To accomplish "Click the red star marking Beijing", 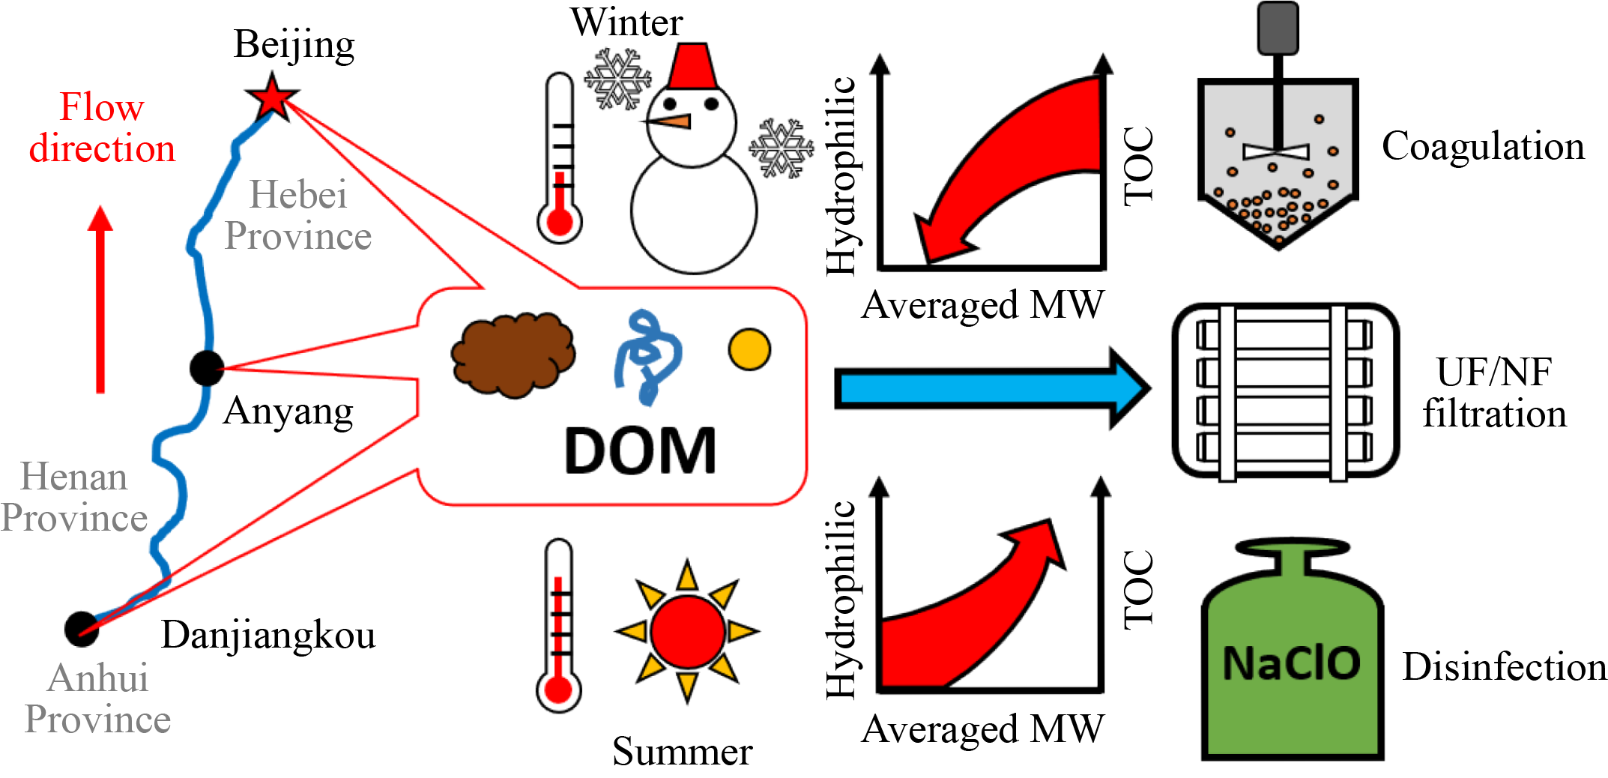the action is [272, 97].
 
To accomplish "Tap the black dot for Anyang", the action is [207, 368].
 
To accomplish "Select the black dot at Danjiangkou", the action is [82, 629].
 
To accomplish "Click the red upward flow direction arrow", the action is [100, 300].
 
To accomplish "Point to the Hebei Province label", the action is [298, 215].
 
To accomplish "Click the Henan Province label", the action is [74, 497].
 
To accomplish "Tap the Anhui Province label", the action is [97, 699].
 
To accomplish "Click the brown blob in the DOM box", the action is [513, 355].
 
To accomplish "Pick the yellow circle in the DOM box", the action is [749, 349].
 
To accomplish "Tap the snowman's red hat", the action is [691, 66].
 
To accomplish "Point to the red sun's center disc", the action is [688, 632].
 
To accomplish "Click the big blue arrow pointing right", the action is [992, 389].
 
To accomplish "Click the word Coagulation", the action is [1484, 146].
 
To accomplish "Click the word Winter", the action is [626, 22].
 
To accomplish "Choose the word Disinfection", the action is [1505, 666].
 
